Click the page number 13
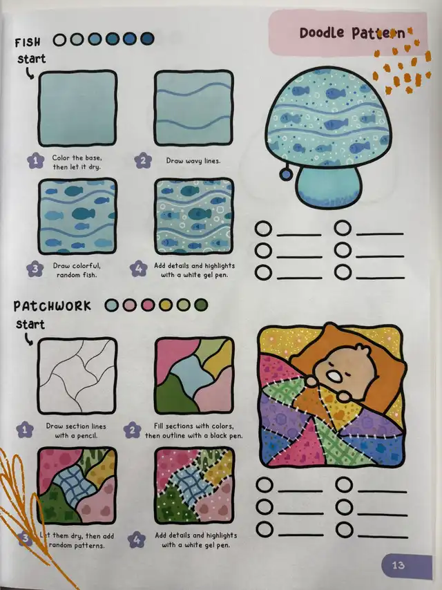click(398, 565)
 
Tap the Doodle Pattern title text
click(352, 33)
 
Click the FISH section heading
click(28, 42)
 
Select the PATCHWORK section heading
click(52, 305)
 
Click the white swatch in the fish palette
click(59, 39)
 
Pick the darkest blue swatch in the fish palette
click(148, 39)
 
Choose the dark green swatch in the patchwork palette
click(201, 305)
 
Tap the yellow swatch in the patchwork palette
click(165, 305)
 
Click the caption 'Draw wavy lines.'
click(193, 161)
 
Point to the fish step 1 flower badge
click(35, 161)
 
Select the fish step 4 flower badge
click(138, 269)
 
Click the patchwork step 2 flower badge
click(132, 430)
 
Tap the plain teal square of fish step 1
click(77, 108)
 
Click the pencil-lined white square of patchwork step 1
click(77, 376)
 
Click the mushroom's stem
click(327, 186)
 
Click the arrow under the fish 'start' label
click(29, 73)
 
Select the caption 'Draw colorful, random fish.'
click(77, 270)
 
